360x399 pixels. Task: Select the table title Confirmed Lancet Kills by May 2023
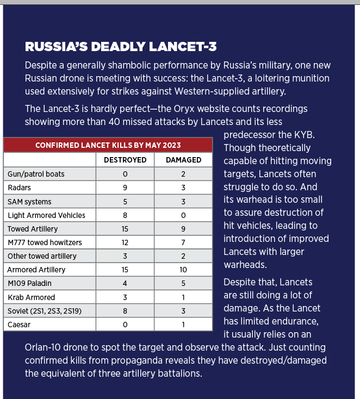pyautogui.click(x=108, y=145)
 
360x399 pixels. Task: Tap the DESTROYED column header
pyautogui.click(x=125, y=160)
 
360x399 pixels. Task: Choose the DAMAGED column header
pyautogui.click(x=183, y=160)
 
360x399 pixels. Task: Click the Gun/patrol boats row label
pyautogui.click(x=36, y=174)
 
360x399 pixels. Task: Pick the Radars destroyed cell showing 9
pyautogui.click(x=125, y=188)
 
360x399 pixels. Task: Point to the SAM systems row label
pyautogui.click(x=29, y=201)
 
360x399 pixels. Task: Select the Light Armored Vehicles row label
pyautogui.click(x=46, y=215)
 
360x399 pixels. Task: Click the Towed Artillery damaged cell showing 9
pyautogui.click(x=183, y=229)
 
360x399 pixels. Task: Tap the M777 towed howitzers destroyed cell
pyautogui.click(x=125, y=242)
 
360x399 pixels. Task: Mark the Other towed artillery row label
pyautogui.click(x=42, y=256)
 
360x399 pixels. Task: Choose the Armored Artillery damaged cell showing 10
pyautogui.click(x=183, y=270)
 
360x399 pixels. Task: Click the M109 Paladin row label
pyautogui.click(x=30, y=283)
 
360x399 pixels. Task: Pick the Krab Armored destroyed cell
pyautogui.click(x=125, y=297)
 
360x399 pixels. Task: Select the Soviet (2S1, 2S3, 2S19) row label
pyautogui.click(x=45, y=311)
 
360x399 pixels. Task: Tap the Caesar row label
pyautogui.click(x=19, y=325)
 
